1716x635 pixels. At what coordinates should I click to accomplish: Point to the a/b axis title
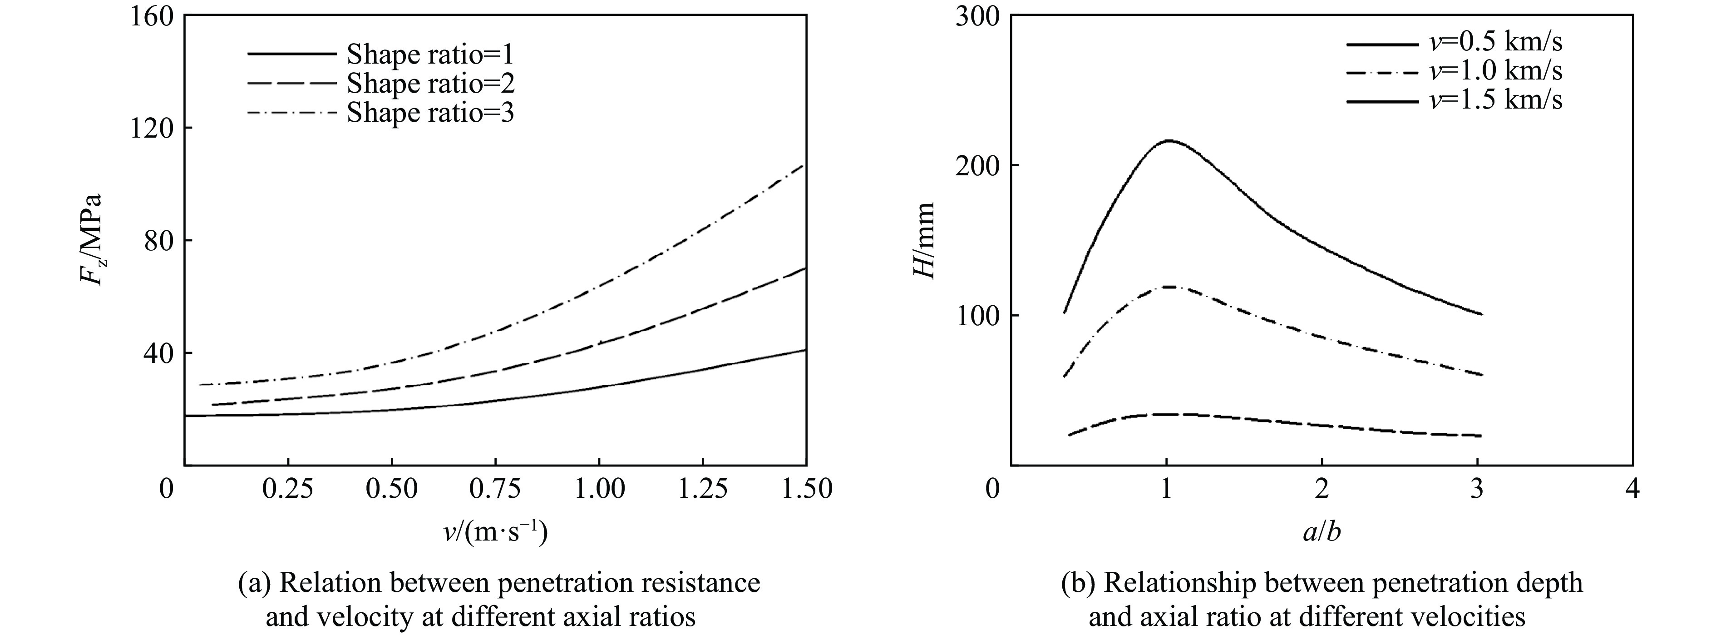point(1321,532)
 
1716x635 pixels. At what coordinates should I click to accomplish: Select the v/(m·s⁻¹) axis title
point(496,532)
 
